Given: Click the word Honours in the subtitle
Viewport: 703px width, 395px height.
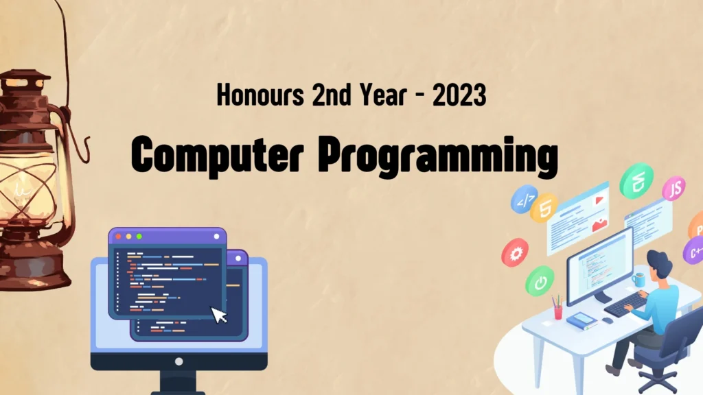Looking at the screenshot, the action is click(x=260, y=95).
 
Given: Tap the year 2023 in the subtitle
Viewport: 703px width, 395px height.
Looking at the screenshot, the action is click(x=459, y=95).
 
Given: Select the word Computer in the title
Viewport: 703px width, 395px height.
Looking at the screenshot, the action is click(x=218, y=155).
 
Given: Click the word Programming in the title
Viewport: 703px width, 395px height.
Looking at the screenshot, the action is click(x=438, y=156).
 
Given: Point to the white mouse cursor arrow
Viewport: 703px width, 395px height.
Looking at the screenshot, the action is click(x=219, y=315).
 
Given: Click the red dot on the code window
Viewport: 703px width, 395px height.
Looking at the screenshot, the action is click(x=118, y=237).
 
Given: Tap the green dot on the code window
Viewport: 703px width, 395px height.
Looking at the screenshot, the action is click(x=139, y=237).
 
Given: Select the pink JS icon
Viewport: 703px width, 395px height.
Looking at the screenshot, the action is click(x=674, y=188).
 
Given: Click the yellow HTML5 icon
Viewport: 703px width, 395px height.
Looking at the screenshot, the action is click(x=544, y=208).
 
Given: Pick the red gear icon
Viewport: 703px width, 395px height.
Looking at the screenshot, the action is click(x=515, y=252).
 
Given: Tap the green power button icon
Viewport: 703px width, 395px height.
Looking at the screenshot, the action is click(x=540, y=281).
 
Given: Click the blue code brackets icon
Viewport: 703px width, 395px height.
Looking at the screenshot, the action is click(x=524, y=199).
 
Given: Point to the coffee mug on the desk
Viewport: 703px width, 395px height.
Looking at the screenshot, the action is click(x=638, y=280).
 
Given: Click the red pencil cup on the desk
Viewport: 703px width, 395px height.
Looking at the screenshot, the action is click(x=558, y=312).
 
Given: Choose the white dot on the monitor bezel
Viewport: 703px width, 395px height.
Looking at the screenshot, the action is click(x=179, y=361).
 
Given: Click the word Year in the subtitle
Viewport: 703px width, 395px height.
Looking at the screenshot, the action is click(x=383, y=95).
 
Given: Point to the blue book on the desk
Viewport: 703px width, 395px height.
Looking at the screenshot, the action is click(x=581, y=320).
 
